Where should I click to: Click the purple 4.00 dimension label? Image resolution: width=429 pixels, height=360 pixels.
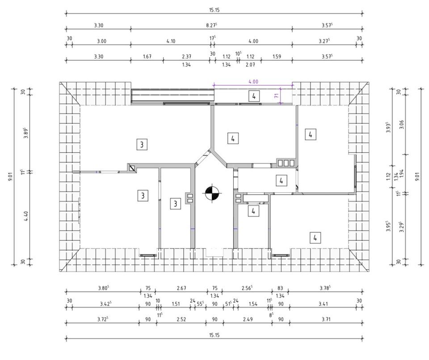(x=252, y=82)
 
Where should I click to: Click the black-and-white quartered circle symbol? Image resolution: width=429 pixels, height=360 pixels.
(x=212, y=193)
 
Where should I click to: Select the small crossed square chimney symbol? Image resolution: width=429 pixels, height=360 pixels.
(x=132, y=168)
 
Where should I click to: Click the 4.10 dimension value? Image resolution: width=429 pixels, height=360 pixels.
(x=171, y=41)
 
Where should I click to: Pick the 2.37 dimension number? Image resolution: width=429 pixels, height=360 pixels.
(x=186, y=56)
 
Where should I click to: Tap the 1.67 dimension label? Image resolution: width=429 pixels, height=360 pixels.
(x=147, y=56)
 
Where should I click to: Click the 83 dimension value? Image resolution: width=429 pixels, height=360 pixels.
(x=280, y=288)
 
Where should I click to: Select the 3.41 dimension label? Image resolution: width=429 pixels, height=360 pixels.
(x=323, y=304)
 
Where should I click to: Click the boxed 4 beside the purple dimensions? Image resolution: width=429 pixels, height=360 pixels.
(x=254, y=96)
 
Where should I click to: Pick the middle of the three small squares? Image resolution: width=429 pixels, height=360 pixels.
(x=286, y=163)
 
